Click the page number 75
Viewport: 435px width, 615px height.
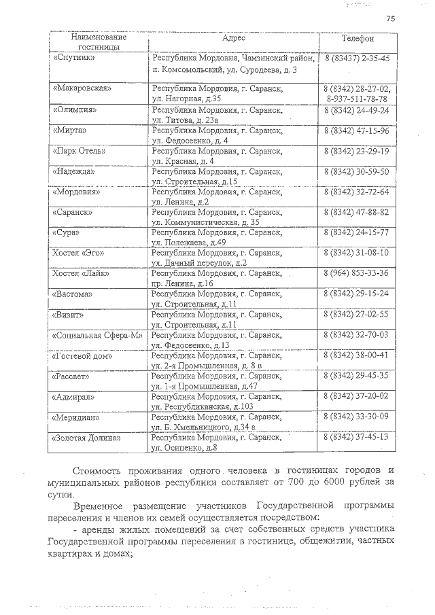pos(390,18)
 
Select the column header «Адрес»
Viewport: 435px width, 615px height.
pos(234,39)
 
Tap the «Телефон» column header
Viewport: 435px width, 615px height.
pos(356,39)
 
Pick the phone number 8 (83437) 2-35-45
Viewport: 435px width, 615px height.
pos(357,59)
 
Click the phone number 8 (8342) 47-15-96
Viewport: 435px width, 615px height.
pos(357,130)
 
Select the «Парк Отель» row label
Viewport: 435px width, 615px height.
pos(78,150)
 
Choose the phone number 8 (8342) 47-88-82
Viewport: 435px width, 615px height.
pos(357,212)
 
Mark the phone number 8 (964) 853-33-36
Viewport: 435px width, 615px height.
pos(357,273)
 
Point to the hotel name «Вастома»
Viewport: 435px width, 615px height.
pos(73,294)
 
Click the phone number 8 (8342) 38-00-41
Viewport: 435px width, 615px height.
pos(357,355)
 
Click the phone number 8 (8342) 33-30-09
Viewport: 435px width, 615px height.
pos(357,416)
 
